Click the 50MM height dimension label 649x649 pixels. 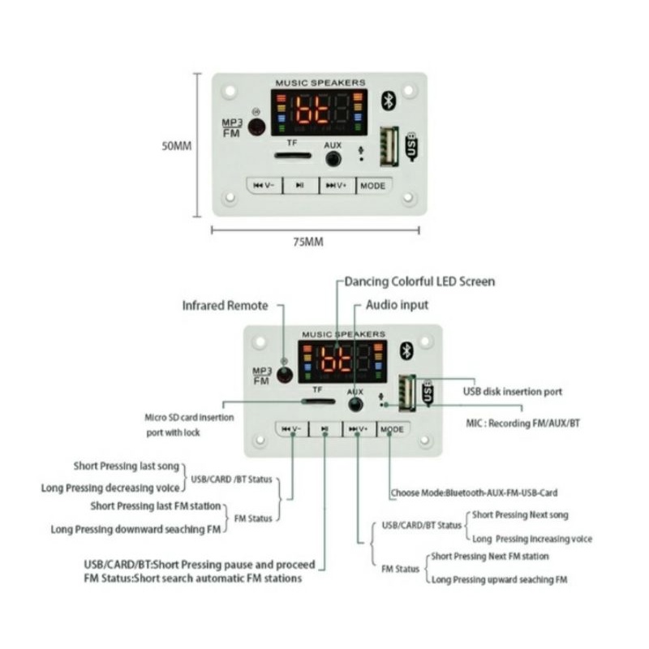[x=176, y=147]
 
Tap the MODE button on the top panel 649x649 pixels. [x=372, y=186]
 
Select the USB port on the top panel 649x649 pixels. [x=389, y=148]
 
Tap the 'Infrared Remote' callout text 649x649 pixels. [x=225, y=306]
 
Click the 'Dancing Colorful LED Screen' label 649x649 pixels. [x=419, y=282]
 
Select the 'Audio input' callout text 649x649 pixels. [x=398, y=305]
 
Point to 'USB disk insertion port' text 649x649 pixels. [x=512, y=392]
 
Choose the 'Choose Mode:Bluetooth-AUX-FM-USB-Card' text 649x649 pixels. [x=474, y=492]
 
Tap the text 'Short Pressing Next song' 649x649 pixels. [x=520, y=515]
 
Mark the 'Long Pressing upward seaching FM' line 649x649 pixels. [x=499, y=579]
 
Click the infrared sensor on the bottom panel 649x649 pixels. [x=284, y=375]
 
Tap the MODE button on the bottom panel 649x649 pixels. [x=392, y=428]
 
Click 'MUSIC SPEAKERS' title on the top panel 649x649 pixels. [x=320, y=83]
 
